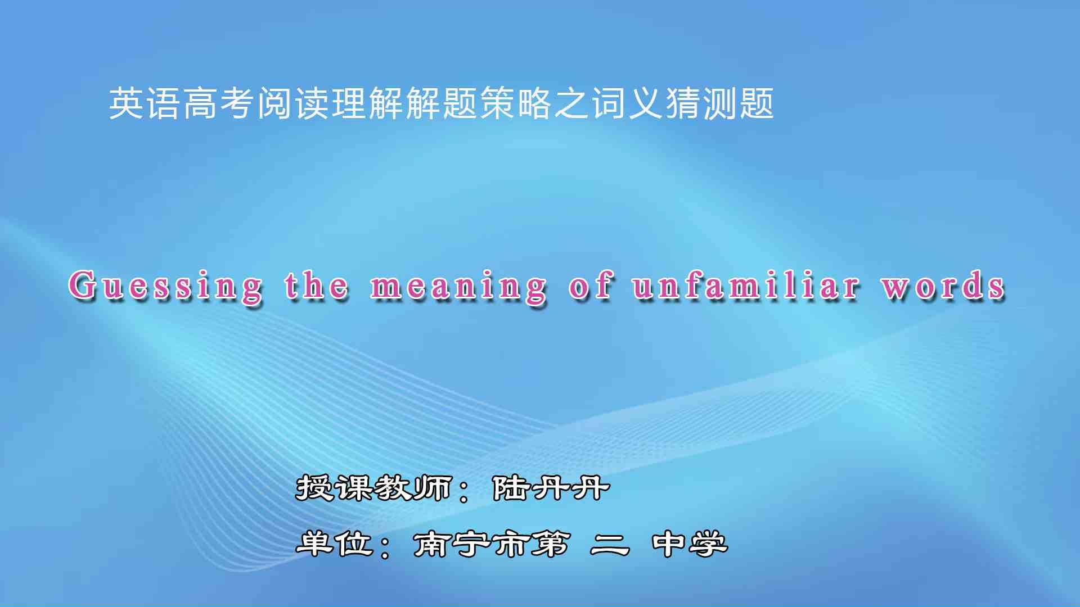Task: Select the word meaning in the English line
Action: point(458,287)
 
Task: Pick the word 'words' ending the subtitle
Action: point(943,285)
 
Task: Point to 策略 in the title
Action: point(516,103)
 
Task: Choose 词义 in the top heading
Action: point(627,103)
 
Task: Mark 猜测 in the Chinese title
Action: point(701,103)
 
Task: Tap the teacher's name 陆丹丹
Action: point(551,487)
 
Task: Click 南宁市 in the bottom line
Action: point(471,543)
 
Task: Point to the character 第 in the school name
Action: point(550,543)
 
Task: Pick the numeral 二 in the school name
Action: point(610,544)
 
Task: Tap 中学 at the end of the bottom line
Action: point(690,543)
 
